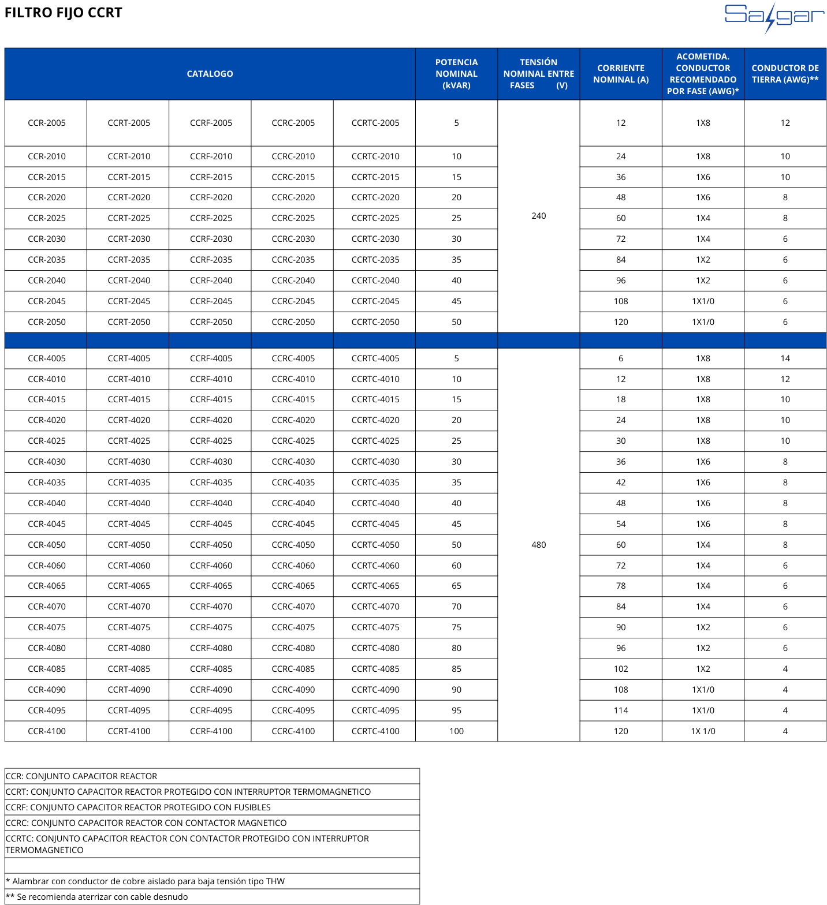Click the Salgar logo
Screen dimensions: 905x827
[x=774, y=17]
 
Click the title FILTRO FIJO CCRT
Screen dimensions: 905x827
[x=64, y=13]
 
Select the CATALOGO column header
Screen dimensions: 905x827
[x=210, y=74]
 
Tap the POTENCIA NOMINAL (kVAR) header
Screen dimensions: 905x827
[x=456, y=74]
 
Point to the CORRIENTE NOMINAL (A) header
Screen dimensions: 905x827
[x=621, y=74]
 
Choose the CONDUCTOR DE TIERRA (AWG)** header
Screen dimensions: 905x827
[x=785, y=74]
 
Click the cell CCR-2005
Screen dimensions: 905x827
[x=47, y=123]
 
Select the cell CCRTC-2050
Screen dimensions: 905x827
[x=375, y=322]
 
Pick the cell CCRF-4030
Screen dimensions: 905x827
[x=211, y=462]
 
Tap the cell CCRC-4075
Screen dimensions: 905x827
[x=293, y=627]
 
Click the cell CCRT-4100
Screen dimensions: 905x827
[x=129, y=731]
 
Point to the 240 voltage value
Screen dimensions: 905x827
[x=538, y=216]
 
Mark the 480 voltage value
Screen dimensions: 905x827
[x=538, y=545]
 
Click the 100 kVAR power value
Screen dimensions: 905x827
[x=456, y=731]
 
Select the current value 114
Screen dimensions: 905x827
[x=621, y=710]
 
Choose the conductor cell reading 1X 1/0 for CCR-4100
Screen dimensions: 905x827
[x=703, y=731]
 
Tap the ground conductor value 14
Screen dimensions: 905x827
[x=785, y=358]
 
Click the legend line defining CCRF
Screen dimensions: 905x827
[x=138, y=807]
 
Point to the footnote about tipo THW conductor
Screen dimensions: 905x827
[x=146, y=881]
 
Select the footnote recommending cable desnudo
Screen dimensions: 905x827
[x=97, y=897]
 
